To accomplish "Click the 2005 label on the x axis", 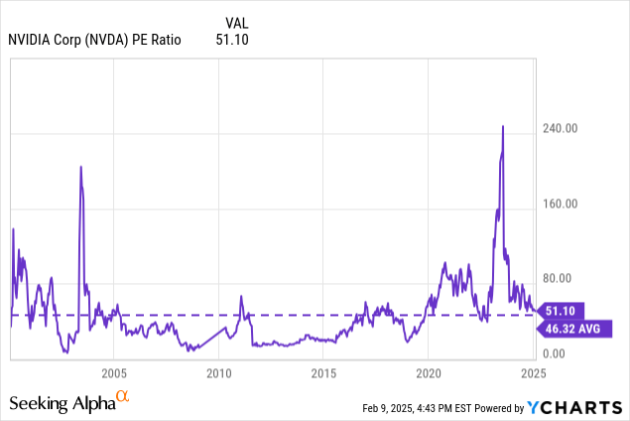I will coord(114,373).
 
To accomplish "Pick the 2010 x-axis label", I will coord(218,373).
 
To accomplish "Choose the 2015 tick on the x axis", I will coord(323,373).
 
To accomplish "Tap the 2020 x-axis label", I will coord(428,373).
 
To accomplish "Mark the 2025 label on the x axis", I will coord(533,373).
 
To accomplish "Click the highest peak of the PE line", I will coord(503,126).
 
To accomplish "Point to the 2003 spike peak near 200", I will coord(80,167).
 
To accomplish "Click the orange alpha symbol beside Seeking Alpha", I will coord(123,396).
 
